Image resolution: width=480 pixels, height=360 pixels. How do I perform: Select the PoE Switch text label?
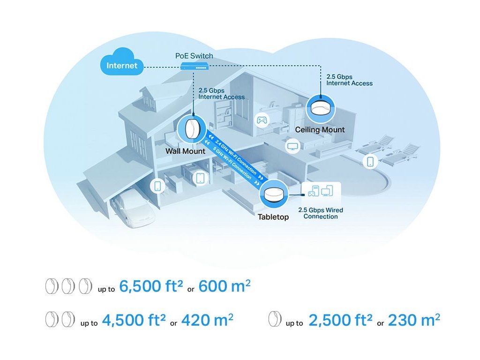coord(194,56)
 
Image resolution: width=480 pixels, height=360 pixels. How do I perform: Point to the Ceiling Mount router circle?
coord(321,109)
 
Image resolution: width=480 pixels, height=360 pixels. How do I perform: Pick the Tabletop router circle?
coord(274,194)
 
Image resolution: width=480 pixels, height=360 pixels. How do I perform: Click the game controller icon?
coord(262,120)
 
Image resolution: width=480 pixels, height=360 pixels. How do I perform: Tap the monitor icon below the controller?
coord(292,146)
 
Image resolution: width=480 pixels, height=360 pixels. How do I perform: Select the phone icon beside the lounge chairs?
coord(370,161)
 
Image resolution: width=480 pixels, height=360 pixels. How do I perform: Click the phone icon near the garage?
coord(157,186)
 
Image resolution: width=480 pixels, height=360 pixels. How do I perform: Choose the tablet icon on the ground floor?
coord(200,178)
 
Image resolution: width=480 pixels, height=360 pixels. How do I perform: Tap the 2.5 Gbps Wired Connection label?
coord(321,213)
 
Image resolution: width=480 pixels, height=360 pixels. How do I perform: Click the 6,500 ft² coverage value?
coord(151,286)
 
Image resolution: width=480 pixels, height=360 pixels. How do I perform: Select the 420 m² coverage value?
coord(207,320)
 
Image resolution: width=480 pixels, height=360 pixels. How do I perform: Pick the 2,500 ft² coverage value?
coord(340,320)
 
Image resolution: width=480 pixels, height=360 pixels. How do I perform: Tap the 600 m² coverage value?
coord(225,286)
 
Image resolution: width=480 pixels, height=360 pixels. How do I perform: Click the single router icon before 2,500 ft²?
coord(275,319)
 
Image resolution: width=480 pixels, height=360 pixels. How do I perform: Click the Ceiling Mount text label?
coord(320,130)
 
